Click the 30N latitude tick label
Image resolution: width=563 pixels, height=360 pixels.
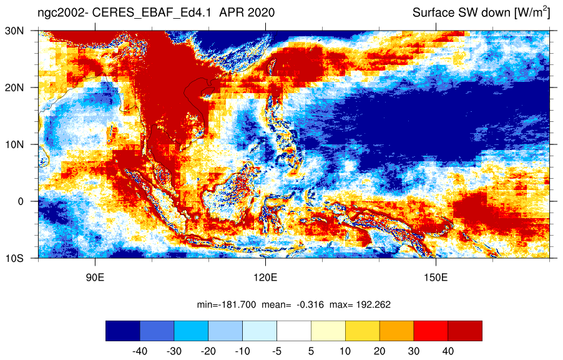click(x=14, y=31)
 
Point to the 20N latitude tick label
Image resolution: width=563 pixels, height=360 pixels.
click(x=14, y=87)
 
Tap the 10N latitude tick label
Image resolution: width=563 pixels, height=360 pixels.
click(x=14, y=144)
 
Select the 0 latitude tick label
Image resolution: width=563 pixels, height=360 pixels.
click(x=21, y=201)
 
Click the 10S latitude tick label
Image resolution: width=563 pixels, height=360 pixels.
click(x=14, y=258)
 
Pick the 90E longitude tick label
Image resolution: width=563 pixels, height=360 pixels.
click(x=95, y=277)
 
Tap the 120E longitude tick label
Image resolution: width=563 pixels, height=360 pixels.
click(x=266, y=277)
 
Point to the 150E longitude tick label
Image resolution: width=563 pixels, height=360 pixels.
click(x=436, y=277)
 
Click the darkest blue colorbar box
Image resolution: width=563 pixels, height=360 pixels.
click(x=123, y=331)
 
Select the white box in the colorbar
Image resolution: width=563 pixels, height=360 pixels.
click(x=294, y=331)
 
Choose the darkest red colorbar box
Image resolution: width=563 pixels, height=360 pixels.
click(x=465, y=331)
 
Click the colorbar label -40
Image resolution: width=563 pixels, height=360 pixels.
click(x=140, y=351)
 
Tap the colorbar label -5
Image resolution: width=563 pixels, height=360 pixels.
click(x=277, y=351)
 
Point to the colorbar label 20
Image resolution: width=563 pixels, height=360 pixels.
click(x=379, y=351)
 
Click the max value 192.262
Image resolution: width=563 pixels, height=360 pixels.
click(x=373, y=305)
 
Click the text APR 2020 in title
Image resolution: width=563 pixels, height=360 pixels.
click(x=247, y=12)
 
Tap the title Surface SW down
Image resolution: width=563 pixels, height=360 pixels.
click(x=462, y=13)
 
